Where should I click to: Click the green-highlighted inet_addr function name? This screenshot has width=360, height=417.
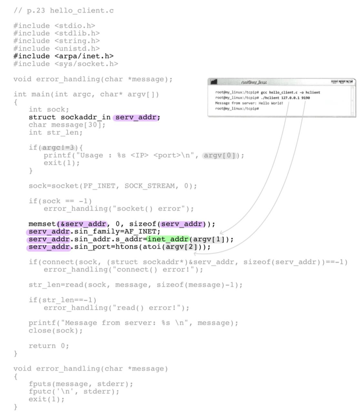click(168, 239)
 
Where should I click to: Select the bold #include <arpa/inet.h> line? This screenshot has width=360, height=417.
click(63, 56)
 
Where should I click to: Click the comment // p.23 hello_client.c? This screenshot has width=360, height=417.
click(64, 11)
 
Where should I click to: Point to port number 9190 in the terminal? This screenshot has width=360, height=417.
click(305, 98)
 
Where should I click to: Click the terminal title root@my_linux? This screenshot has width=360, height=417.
click(254, 82)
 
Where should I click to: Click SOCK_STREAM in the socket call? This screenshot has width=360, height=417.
click(150, 186)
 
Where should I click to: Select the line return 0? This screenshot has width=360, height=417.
click(48, 346)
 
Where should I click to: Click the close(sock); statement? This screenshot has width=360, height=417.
click(55, 331)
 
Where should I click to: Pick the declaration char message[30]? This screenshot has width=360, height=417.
click(67, 125)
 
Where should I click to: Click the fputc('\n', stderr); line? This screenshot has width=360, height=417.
click(74, 392)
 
